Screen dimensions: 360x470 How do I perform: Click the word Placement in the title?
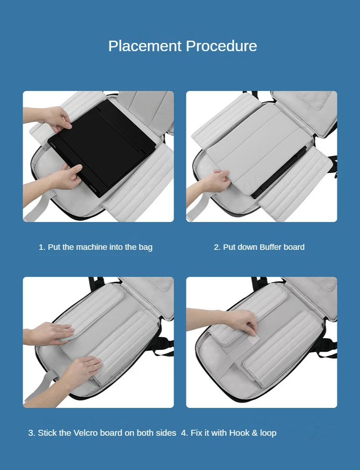pyautogui.click(x=145, y=46)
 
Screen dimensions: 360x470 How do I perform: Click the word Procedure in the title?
pyautogui.click(x=221, y=46)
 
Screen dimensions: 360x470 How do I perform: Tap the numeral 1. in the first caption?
pyautogui.click(x=42, y=247)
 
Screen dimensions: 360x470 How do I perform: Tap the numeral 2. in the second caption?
pyautogui.click(x=217, y=247)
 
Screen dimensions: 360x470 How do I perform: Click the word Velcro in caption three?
pyautogui.click(x=85, y=433)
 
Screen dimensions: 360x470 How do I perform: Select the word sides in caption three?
pyautogui.click(x=166, y=433)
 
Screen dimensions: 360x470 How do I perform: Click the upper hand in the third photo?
pyautogui.click(x=49, y=333)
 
